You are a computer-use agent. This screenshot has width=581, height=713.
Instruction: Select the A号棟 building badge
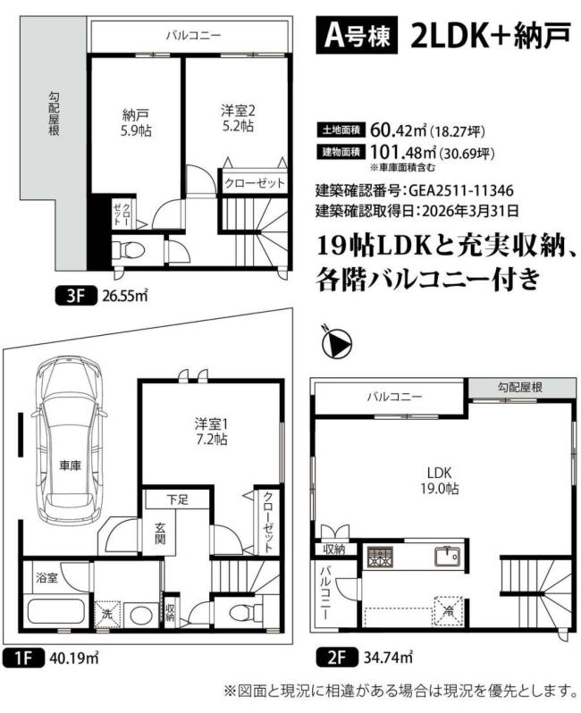pyautogui.click(x=357, y=35)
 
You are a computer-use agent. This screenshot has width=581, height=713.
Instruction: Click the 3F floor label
pyautogui.click(x=75, y=297)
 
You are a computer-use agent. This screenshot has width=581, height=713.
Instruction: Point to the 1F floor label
pyautogui.click(x=22, y=658)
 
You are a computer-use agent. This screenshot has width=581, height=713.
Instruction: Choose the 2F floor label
pyautogui.click(x=336, y=657)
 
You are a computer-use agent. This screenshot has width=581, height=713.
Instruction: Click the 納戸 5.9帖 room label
pyautogui.click(x=136, y=122)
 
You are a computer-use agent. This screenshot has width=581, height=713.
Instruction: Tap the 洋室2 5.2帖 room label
pyautogui.click(x=238, y=118)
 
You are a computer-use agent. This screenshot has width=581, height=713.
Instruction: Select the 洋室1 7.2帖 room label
pyautogui.click(x=211, y=432)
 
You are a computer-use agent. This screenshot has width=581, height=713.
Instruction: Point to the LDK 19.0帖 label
pyautogui.click(x=439, y=480)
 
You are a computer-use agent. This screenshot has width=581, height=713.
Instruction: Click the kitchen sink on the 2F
pyautogui.click(x=447, y=557)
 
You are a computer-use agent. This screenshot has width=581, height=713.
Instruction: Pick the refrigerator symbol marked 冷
pyautogui.click(x=448, y=612)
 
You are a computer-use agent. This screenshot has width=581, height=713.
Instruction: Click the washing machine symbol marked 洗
pyautogui.click(x=107, y=615)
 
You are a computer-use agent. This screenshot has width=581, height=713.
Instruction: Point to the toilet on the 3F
pyautogui.click(x=129, y=249)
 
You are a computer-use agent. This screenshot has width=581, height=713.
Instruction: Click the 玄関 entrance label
pyautogui.click(x=160, y=533)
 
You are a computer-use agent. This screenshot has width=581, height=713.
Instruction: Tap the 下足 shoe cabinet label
pyautogui.click(x=177, y=499)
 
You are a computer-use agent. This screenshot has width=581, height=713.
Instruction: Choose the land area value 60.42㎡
pyautogui.click(x=399, y=130)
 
